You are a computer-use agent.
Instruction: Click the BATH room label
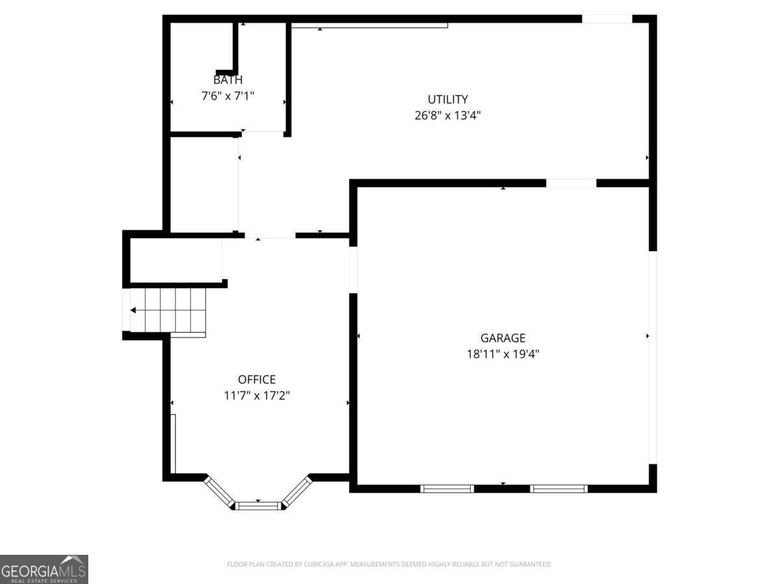[228, 80]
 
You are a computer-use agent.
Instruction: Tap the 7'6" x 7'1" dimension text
[228, 96]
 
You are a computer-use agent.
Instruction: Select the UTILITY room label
[447, 99]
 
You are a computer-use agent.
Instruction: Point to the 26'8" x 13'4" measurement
[447, 116]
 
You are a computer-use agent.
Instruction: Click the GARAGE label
[502, 337]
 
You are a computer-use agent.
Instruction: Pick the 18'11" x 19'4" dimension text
[502, 354]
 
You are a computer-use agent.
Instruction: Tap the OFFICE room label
[256, 380]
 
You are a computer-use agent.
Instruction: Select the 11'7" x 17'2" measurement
[256, 395]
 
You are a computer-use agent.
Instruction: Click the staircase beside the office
[169, 311]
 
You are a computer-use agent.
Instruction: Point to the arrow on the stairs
[134, 311]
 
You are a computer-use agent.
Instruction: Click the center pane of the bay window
[258, 505]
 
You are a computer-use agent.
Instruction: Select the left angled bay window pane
[219, 492]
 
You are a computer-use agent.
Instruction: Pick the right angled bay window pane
[297, 491]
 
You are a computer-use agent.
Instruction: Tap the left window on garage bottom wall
[447, 488]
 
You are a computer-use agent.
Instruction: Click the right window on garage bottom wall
[559, 488]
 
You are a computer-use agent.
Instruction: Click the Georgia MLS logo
[43, 569]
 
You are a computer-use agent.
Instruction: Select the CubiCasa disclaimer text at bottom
[389, 564]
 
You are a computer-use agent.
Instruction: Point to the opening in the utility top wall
[606, 19]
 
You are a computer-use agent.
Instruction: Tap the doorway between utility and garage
[571, 183]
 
